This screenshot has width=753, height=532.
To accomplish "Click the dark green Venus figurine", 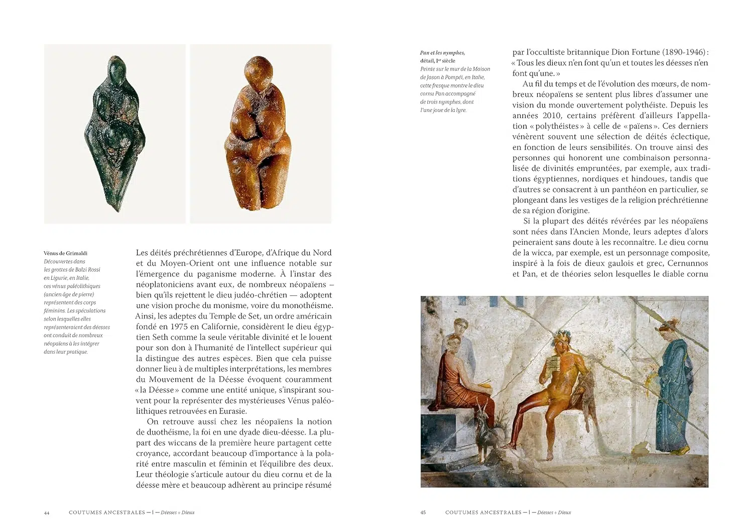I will click(x=115, y=133).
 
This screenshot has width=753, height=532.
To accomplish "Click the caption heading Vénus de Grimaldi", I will click(x=66, y=253).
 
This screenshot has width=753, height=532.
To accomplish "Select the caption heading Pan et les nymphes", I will click(x=442, y=53).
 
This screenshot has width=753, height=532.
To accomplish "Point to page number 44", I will click(x=47, y=512).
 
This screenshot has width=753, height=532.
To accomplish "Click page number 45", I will click(x=423, y=512).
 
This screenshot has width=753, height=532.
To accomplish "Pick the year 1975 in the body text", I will click(x=180, y=327).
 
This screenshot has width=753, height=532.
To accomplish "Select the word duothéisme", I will click(x=163, y=432).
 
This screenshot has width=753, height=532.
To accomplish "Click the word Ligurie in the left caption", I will click(x=53, y=278).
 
